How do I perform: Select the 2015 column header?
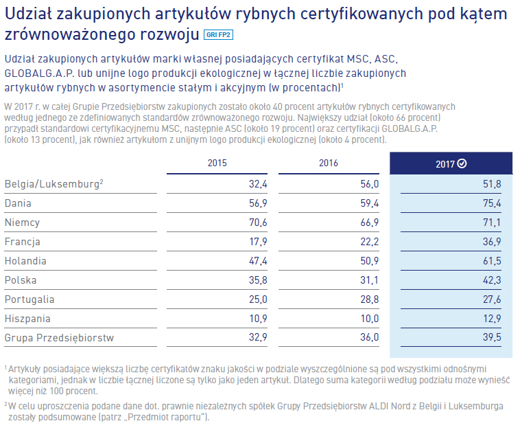point(217,163)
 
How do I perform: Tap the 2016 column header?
point(329,163)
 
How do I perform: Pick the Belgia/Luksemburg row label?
point(53,184)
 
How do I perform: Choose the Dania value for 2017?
point(492,203)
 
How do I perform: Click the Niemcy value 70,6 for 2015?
point(257,223)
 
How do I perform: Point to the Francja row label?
point(23,242)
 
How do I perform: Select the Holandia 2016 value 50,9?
point(368,261)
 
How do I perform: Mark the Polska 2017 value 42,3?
point(492,280)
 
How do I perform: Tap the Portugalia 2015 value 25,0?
point(257,299)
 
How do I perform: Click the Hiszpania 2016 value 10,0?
point(368,319)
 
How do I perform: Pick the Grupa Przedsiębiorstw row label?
point(59,338)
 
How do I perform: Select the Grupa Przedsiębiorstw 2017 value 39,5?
point(492,338)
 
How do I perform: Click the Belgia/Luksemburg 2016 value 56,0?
point(368,184)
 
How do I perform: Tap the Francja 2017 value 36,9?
point(492,242)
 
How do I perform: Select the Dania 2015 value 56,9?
point(257,203)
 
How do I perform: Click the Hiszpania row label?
point(27,319)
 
